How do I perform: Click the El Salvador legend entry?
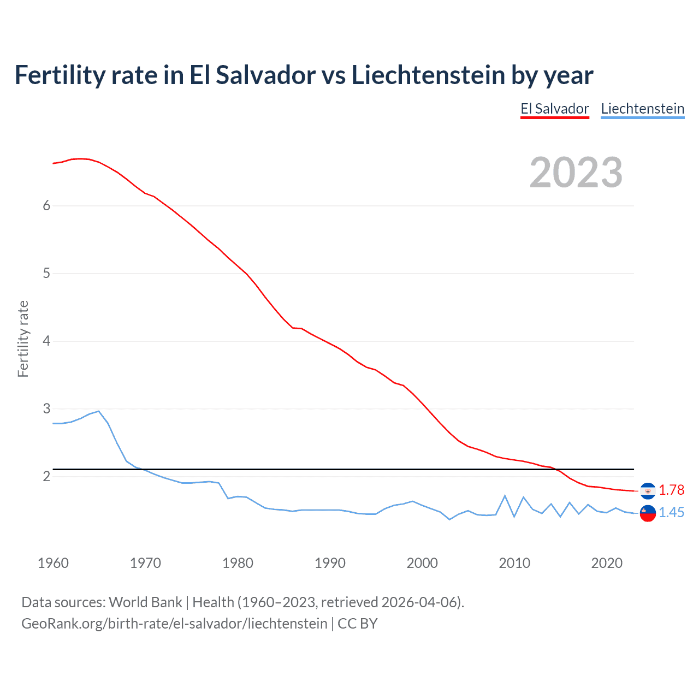tap(554, 109)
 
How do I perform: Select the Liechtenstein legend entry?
tap(642, 109)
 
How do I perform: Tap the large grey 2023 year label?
tap(576, 173)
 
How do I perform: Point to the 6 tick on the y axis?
tap(46, 205)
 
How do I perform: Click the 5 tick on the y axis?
tap(46, 273)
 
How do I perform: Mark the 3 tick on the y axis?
tap(46, 408)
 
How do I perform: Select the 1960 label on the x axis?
tap(53, 563)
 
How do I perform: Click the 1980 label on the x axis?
tap(238, 563)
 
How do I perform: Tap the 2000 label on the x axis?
tap(422, 563)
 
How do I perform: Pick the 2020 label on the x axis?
tap(607, 563)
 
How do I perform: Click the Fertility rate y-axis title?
tap(23, 339)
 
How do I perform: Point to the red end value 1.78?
tap(671, 490)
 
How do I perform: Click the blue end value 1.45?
tap(671, 512)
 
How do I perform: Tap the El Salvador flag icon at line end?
tap(648, 491)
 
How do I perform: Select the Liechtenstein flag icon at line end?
tap(648, 513)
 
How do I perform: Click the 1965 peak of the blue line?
tap(98, 411)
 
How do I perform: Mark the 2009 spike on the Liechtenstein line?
tap(505, 496)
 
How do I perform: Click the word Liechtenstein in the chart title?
tap(428, 75)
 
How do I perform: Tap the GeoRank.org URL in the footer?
tap(174, 623)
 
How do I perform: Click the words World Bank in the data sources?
tap(145, 602)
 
